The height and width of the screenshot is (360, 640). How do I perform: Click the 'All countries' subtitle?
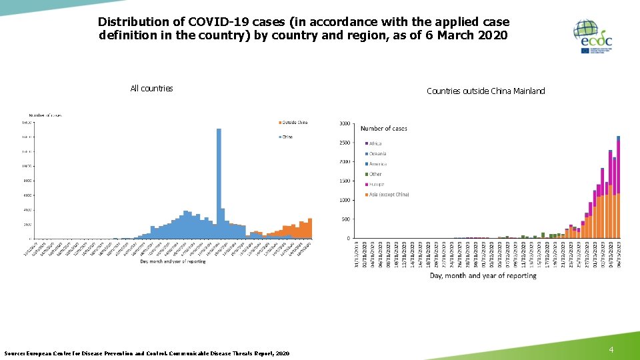tap(151, 88)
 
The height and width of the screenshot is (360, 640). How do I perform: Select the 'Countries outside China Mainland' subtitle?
tap(485, 91)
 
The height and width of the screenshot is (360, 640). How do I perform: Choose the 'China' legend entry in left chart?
tap(287, 137)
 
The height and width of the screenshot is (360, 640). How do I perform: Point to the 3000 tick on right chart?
tap(344, 123)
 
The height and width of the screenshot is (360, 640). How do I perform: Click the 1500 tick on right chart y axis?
tap(344, 181)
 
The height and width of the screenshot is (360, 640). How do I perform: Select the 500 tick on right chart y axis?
tap(345, 219)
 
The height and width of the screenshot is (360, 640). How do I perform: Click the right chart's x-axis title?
tap(483, 275)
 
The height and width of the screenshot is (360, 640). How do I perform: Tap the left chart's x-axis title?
tap(173, 261)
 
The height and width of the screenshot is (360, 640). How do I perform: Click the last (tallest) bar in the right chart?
tap(618, 187)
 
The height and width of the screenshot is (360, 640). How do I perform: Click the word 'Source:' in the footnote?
tap(15, 353)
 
